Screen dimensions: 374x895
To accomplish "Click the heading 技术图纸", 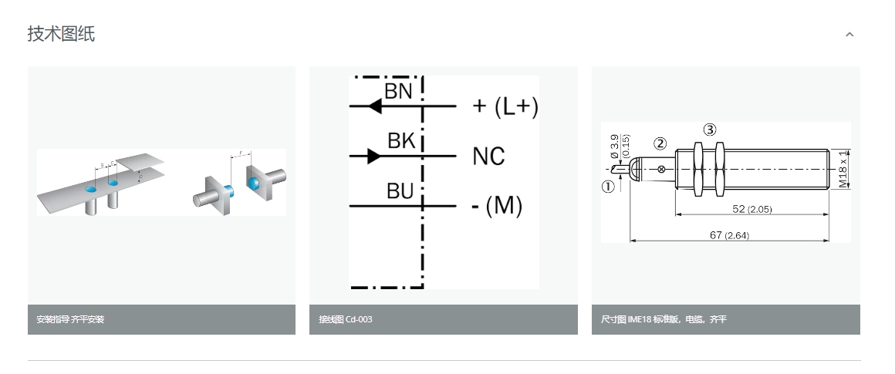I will [x=61, y=34].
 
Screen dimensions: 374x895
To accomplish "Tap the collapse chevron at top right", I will [x=849, y=35].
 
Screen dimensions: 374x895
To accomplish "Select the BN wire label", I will [x=398, y=91].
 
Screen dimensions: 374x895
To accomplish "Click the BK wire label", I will [x=401, y=141].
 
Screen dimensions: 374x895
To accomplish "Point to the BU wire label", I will [x=400, y=191].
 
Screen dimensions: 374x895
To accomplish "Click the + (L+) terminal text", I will [x=505, y=106].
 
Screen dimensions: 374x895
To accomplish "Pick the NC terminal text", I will [x=488, y=157].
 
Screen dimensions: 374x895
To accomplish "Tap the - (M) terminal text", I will [x=496, y=206].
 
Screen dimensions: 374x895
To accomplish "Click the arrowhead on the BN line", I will [x=375, y=106].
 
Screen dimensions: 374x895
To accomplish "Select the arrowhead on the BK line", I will [x=373, y=157].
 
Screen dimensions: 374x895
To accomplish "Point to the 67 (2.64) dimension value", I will [x=729, y=235].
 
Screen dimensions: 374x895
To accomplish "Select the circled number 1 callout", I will [x=608, y=186].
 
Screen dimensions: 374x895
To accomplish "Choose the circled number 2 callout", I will [x=660, y=143].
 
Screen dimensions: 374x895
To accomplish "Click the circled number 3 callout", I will [x=710, y=129].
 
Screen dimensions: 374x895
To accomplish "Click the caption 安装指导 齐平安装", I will [x=70, y=319].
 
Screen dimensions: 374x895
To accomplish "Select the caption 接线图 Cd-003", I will [x=346, y=319].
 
